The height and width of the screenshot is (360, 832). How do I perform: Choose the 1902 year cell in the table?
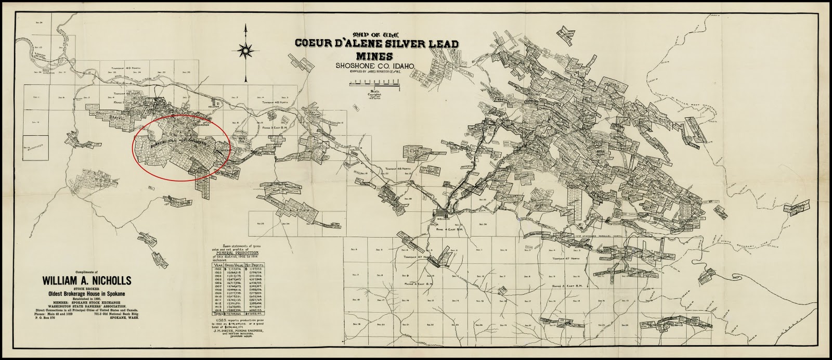tap(216, 270)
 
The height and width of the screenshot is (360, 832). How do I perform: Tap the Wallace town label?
tap(443, 219)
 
